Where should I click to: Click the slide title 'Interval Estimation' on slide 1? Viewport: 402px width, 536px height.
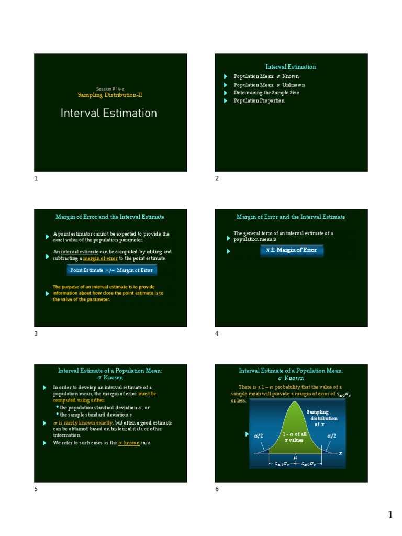click(x=109, y=114)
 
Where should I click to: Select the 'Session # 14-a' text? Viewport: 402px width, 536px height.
click(x=110, y=88)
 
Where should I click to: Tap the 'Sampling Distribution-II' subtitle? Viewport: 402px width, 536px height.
click(x=110, y=95)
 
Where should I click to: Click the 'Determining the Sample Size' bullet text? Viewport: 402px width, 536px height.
click(x=266, y=93)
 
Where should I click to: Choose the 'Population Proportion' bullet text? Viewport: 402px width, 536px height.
click(x=259, y=100)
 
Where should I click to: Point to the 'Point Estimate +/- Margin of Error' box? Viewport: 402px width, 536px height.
click(x=111, y=270)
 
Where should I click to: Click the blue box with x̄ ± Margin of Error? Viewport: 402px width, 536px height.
click(x=292, y=250)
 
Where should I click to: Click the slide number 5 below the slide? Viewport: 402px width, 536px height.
click(x=36, y=489)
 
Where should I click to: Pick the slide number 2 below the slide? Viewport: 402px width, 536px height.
click(x=217, y=178)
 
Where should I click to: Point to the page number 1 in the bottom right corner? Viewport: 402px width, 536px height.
click(x=390, y=516)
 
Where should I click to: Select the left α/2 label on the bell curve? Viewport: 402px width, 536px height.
click(x=259, y=435)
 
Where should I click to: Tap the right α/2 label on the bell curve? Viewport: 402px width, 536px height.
click(x=331, y=435)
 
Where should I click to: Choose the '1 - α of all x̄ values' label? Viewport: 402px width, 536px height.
click(x=294, y=437)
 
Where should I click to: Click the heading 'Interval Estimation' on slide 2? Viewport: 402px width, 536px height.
click(x=291, y=67)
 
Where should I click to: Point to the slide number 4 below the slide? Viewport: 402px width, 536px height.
click(x=217, y=333)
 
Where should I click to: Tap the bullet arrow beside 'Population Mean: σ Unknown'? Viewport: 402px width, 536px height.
click(x=226, y=85)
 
